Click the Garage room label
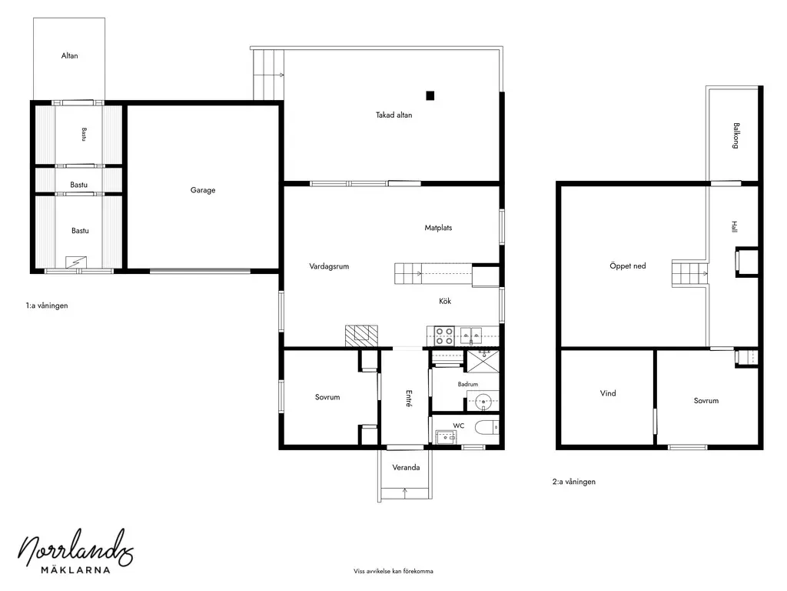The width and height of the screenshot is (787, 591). [x=203, y=190]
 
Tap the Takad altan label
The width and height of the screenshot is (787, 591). [x=394, y=115]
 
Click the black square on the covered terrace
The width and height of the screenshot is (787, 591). [x=430, y=95]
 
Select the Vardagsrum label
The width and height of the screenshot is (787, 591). [x=329, y=266]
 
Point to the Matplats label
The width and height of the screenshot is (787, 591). [x=438, y=228]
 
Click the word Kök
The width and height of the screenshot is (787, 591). [x=445, y=301]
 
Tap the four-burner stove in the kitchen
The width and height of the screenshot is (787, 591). [x=444, y=336]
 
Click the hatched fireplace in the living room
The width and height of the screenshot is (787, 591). [x=361, y=336]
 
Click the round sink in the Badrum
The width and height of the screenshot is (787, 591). [x=483, y=401]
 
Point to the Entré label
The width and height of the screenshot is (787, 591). [x=409, y=398]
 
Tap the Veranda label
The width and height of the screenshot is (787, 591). [x=406, y=467]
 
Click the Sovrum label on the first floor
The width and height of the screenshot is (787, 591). [x=327, y=397]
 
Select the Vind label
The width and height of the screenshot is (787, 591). [x=608, y=393]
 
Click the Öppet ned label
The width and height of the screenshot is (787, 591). [x=627, y=265]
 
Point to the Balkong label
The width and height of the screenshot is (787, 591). [x=736, y=135]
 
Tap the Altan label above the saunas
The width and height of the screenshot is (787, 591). [x=69, y=55]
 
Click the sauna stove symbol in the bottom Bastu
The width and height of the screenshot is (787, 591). [x=76, y=262]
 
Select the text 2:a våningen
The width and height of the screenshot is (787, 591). [x=573, y=482]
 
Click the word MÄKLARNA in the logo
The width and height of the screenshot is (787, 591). [x=75, y=570]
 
